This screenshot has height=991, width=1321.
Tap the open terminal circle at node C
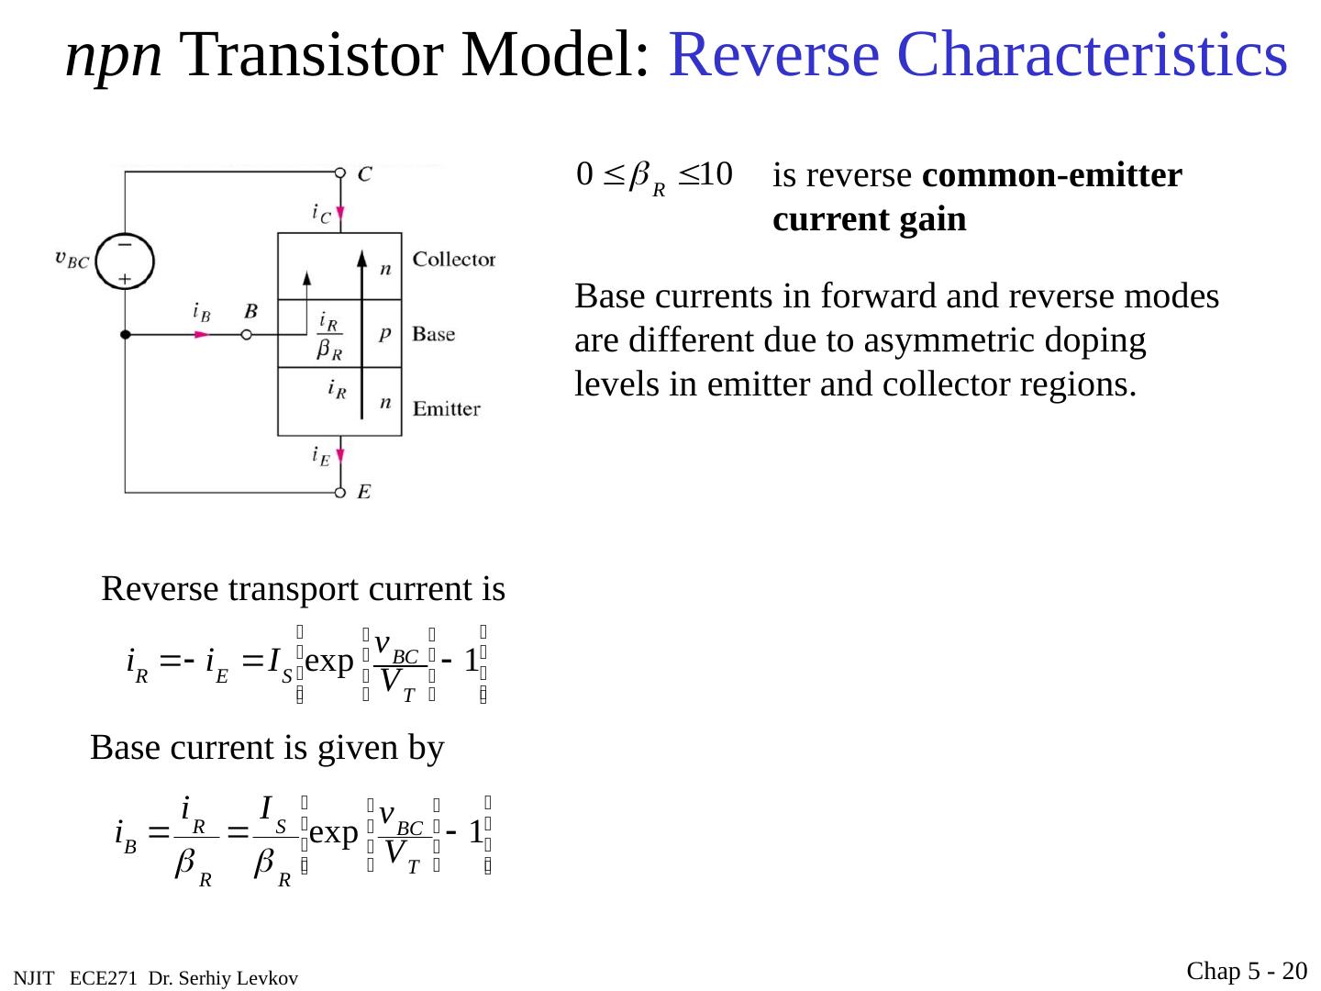click(x=340, y=173)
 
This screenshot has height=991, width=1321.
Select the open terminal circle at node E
click(x=340, y=493)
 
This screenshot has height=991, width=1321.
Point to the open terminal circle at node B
click(x=246, y=335)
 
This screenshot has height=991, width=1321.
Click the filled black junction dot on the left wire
click(x=125, y=335)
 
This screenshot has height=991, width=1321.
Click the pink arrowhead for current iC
click(x=340, y=214)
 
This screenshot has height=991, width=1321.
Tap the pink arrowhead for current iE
click(x=340, y=456)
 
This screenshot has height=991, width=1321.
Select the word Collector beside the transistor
click(x=454, y=260)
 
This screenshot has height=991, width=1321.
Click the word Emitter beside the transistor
click(x=447, y=409)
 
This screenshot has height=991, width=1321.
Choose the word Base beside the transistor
click(x=434, y=334)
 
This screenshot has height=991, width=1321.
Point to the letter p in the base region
click(x=385, y=334)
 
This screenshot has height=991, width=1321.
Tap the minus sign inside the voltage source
click(x=124, y=245)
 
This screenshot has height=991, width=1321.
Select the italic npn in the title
click(x=115, y=57)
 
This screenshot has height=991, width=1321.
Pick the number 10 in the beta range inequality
click(x=715, y=173)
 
